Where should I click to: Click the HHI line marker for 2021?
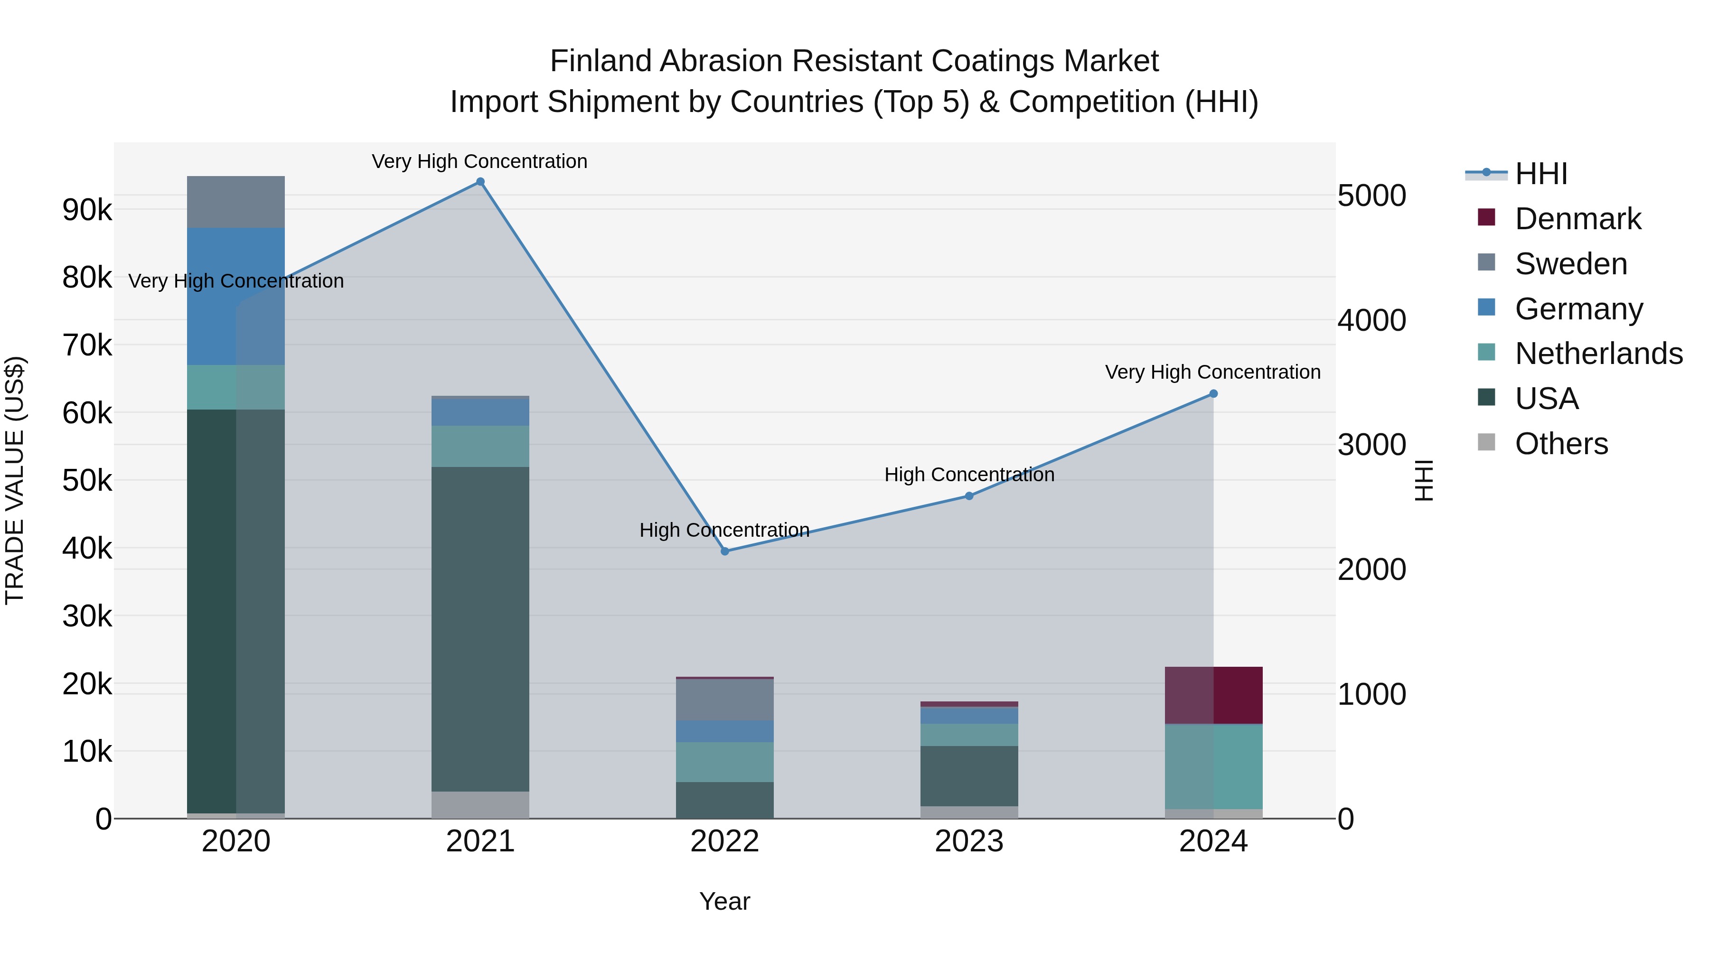480,182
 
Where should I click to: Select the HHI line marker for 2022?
724,551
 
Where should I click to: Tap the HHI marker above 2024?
1213,393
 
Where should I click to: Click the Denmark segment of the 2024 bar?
1213,695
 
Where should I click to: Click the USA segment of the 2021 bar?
480,629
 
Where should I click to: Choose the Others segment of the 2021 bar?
480,804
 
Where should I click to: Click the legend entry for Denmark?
1578,219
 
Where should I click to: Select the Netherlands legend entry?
1597,354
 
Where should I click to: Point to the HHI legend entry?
1540,174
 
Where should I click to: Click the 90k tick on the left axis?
87,210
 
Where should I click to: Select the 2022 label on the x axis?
724,841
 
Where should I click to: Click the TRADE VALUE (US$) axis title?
15,480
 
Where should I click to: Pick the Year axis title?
724,901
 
